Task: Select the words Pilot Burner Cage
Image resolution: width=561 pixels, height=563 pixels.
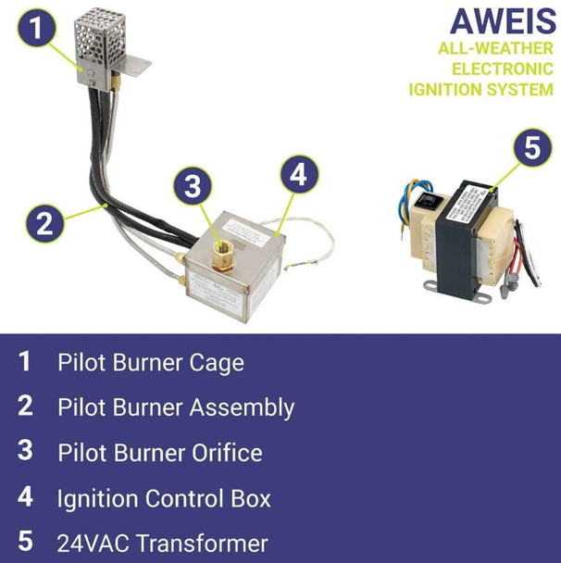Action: point(150,362)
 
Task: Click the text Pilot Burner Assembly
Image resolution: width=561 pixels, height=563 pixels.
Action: point(175,407)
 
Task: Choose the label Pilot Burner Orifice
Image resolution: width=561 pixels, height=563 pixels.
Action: point(159,453)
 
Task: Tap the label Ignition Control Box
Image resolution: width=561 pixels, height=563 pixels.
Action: point(164,498)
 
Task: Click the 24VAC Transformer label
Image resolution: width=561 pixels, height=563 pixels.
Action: point(162,544)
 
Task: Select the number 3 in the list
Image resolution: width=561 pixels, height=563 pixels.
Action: point(26,452)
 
